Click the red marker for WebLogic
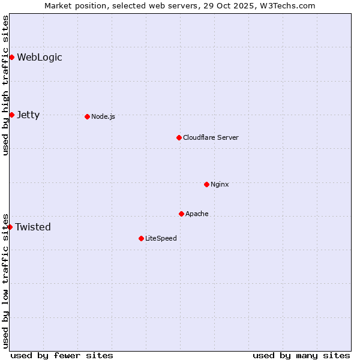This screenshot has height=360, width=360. pos(11,57)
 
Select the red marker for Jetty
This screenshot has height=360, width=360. pos(11,115)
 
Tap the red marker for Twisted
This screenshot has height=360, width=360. pos(10,227)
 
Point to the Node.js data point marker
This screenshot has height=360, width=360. pos(87,116)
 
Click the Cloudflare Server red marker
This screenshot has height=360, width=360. pos(179,137)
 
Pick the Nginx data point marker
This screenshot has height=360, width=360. pos(206,184)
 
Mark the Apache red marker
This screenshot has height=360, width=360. pos(181,214)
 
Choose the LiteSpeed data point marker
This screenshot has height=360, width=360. pos(141,238)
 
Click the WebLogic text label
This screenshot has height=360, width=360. pos(40,58)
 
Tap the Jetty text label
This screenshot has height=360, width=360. pos(28,115)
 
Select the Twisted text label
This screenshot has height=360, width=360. pos(33,227)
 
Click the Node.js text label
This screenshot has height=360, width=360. pos(103,116)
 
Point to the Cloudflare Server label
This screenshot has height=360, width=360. pos(211,137)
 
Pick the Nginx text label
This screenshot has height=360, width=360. pos(220,184)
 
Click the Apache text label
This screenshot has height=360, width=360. pos(197,214)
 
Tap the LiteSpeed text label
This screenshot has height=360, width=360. pos(161,238)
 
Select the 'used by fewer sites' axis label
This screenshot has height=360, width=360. pos(62,355)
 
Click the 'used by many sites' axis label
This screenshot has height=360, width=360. pos(301,355)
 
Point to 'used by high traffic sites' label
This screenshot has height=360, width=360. pos(5,85)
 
